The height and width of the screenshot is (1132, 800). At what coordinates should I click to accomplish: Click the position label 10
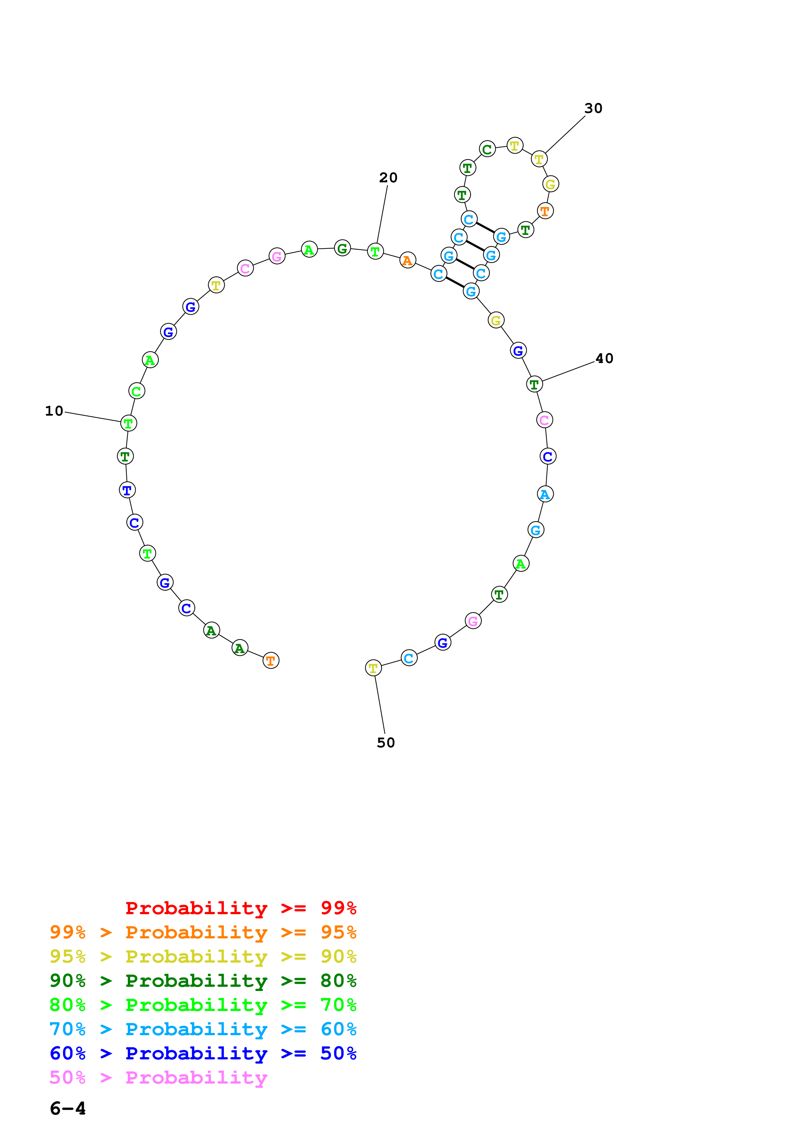click(54, 411)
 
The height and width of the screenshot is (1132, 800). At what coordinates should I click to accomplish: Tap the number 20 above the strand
click(388, 177)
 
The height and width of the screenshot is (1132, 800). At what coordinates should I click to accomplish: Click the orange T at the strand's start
click(271, 660)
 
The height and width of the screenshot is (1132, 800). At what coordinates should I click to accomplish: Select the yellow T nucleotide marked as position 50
click(373, 668)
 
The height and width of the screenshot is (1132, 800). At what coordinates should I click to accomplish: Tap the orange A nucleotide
click(407, 260)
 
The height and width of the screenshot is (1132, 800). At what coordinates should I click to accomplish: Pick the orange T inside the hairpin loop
click(545, 211)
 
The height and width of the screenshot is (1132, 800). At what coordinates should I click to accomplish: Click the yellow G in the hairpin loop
click(550, 184)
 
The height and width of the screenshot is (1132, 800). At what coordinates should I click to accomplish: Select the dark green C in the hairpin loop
click(487, 149)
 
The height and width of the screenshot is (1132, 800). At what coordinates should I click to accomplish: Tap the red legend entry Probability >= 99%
click(240, 908)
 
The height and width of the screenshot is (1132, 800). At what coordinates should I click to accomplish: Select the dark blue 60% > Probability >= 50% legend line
click(203, 1054)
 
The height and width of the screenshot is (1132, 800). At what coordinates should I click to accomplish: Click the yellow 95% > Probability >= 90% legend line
click(203, 956)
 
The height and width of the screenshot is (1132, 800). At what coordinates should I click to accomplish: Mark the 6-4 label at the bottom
click(67, 1109)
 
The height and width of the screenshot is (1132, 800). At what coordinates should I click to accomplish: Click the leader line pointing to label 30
click(565, 135)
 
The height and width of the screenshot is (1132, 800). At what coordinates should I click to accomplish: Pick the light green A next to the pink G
click(309, 250)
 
